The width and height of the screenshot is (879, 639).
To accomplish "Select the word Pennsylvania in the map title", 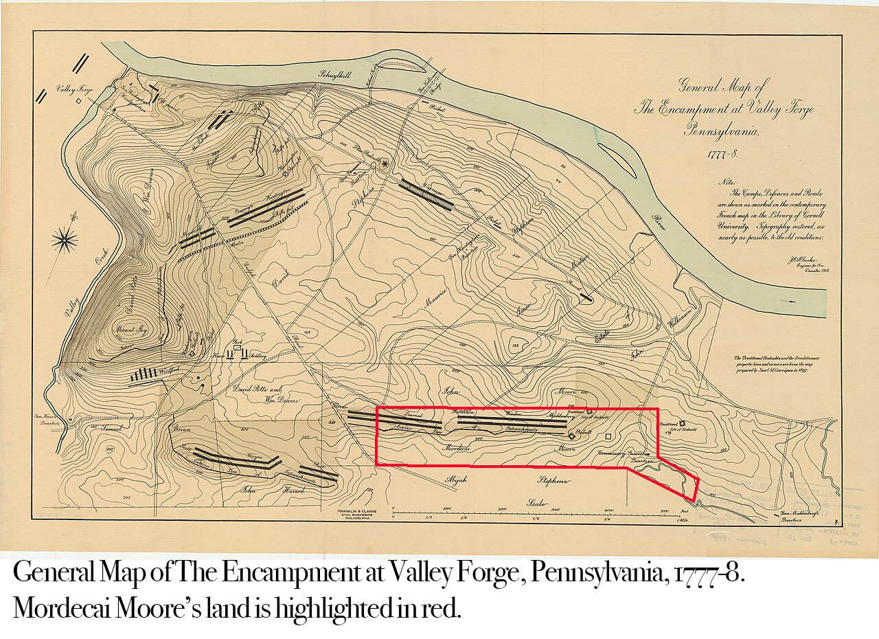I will click(721, 131).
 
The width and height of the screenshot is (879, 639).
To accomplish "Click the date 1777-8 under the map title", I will click(722, 153).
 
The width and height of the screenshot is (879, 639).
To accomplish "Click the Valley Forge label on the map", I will click(73, 89).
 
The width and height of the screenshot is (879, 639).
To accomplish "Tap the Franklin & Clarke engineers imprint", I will click(354, 515).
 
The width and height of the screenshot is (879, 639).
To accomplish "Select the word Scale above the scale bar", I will click(536, 503).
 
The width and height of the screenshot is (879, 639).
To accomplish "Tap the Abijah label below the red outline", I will click(457, 480).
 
